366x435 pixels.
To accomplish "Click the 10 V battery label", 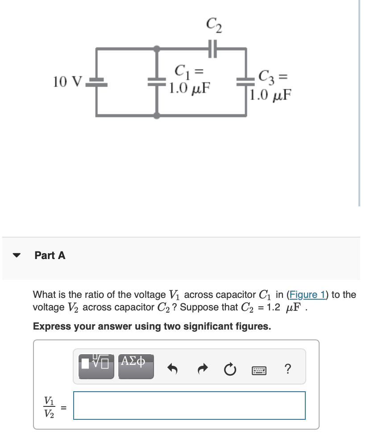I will [67, 82].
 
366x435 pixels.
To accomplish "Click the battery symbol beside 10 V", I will [96, 81].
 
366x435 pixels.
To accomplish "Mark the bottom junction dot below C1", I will [157, 115].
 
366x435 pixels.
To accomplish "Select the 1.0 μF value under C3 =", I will [270, 95].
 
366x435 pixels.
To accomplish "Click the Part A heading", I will [50, 255].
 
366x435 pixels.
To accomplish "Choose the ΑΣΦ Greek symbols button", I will [136, 366].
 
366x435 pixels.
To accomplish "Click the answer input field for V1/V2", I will [189, 406].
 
